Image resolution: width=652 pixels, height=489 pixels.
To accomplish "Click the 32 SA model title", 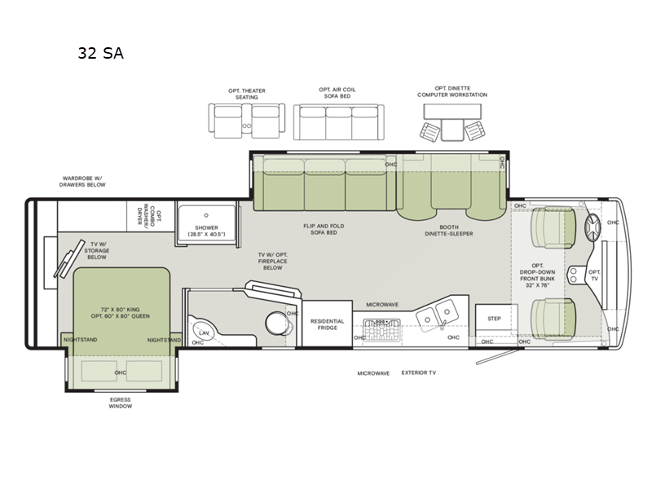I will tap(101, 54).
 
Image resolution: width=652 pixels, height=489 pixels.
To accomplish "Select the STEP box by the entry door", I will tap(494, 319).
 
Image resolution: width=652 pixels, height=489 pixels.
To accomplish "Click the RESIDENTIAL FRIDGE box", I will tap(328, 324).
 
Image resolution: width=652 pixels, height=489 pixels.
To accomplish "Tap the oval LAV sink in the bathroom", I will tap(203, 333).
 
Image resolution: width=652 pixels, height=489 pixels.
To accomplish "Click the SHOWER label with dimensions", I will tap(205, 231).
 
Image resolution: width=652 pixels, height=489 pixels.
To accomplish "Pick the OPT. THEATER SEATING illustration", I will tap(245, 121).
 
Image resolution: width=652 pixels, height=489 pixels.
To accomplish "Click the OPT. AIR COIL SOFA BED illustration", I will tap(337, 121).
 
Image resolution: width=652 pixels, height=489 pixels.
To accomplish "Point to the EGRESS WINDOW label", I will tap(120, 403).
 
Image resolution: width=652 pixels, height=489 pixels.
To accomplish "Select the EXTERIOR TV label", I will tap(419, 372).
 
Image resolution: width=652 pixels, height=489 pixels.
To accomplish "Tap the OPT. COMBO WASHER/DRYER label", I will tap(154, 218).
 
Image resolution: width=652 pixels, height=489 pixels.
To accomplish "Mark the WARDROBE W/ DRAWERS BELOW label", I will tap(84, 181).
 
